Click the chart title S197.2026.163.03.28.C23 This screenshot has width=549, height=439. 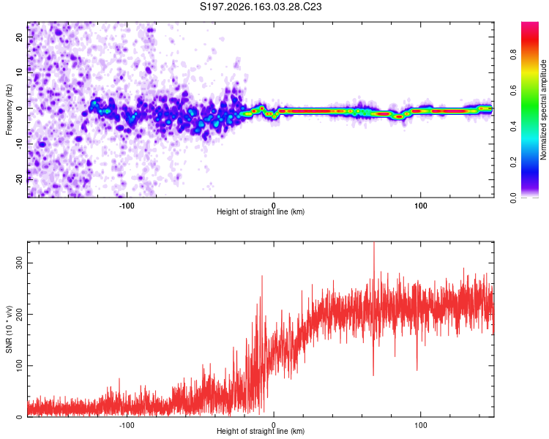[261, 7]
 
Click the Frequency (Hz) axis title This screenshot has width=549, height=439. [9, 109]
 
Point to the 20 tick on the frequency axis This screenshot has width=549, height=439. [19, 37]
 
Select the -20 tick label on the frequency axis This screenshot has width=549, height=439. [19, 180]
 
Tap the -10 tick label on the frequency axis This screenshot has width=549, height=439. [19, 144]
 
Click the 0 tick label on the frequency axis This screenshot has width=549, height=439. [19, 108]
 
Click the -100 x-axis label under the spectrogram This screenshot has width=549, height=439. [127, 206]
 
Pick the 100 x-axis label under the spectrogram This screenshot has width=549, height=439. [420, 206]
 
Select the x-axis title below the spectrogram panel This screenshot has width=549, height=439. [261, 211]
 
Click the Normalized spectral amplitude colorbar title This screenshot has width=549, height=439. [543, 110]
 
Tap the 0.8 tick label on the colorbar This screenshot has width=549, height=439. [513, 55]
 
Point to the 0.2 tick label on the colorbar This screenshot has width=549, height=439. [513, 162]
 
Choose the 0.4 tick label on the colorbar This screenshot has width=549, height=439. [513, 127]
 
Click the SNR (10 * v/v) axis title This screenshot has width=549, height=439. [9, 329]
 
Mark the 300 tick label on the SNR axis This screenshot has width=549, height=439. [19, 263]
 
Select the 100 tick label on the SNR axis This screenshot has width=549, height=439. [19, 366]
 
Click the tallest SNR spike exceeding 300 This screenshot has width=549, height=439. [373, 245]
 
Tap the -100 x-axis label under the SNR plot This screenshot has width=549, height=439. [127, 425]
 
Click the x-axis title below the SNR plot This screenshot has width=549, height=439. [261, 431]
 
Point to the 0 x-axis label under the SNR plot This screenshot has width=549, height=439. [274, 425]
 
